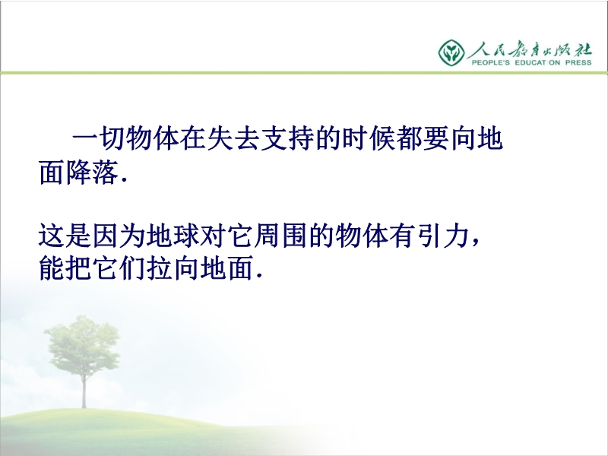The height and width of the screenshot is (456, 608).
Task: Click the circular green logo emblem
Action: [x=451, y=52]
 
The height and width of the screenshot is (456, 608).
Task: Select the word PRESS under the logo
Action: [x=578, y=62]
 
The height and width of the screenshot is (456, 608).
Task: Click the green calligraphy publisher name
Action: [x=530, y=49]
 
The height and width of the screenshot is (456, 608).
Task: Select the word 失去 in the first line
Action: [x=220, y=138]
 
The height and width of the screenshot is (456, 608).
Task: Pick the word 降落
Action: [x=92, y=173]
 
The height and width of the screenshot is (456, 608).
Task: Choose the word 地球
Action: [x=173, y=236]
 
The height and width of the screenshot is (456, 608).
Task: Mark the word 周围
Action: [x=280, y=236]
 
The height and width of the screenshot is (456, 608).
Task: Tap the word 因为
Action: [x=119, y=236]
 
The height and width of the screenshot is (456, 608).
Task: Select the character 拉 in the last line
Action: [x=160, y=268]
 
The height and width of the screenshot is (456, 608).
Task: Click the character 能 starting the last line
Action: [x=52, y=268]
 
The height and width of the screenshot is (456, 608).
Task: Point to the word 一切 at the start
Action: [x=99, y=138]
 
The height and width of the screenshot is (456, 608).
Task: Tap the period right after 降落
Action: [x=124, y=180]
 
